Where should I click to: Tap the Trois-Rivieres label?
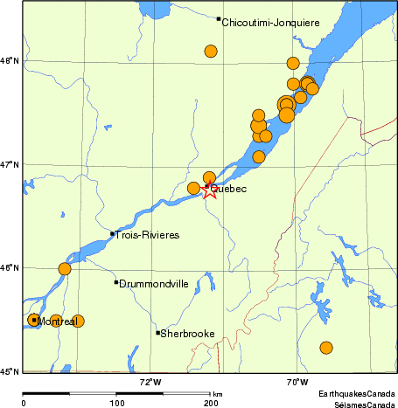coord(148,235)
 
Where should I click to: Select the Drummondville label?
coord(153,284)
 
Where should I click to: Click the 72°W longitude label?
coord(150,381)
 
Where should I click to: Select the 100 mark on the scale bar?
coord(116,403)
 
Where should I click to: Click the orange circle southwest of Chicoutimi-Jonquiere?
coord(211,52)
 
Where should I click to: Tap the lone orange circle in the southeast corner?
coord(326,348)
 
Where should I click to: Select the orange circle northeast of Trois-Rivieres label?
coord(64,269)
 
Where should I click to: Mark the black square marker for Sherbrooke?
coord(158,333)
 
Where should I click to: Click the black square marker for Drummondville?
coord(116,282)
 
